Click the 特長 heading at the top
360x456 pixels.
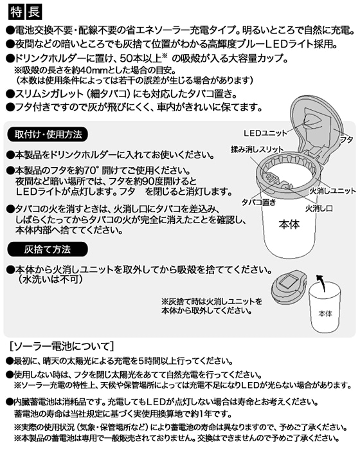click(25, 12)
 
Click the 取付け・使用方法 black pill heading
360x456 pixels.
click(48, 134)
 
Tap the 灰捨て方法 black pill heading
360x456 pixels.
click(48, 250)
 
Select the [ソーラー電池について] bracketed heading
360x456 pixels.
click(62, 346)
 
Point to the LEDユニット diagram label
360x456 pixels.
click(265, 133)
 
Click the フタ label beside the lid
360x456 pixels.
click(346, 140)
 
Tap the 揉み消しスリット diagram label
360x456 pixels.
click(257, 149)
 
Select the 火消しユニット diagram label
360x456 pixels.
click(332, 191)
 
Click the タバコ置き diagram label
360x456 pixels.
click(259, 202)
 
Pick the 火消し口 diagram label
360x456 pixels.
click(319, 208)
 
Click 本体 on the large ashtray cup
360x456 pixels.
click(289, 224)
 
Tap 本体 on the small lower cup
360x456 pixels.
click(325, 313)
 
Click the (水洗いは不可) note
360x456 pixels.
click(50, 279)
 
